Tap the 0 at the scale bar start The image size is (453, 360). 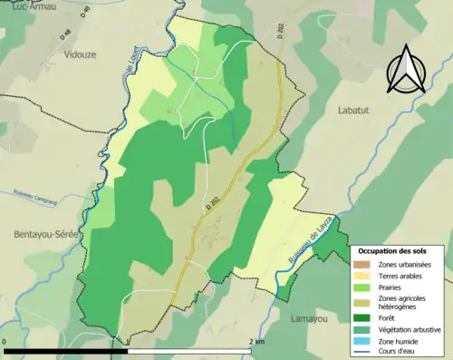(x=5, y=342)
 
